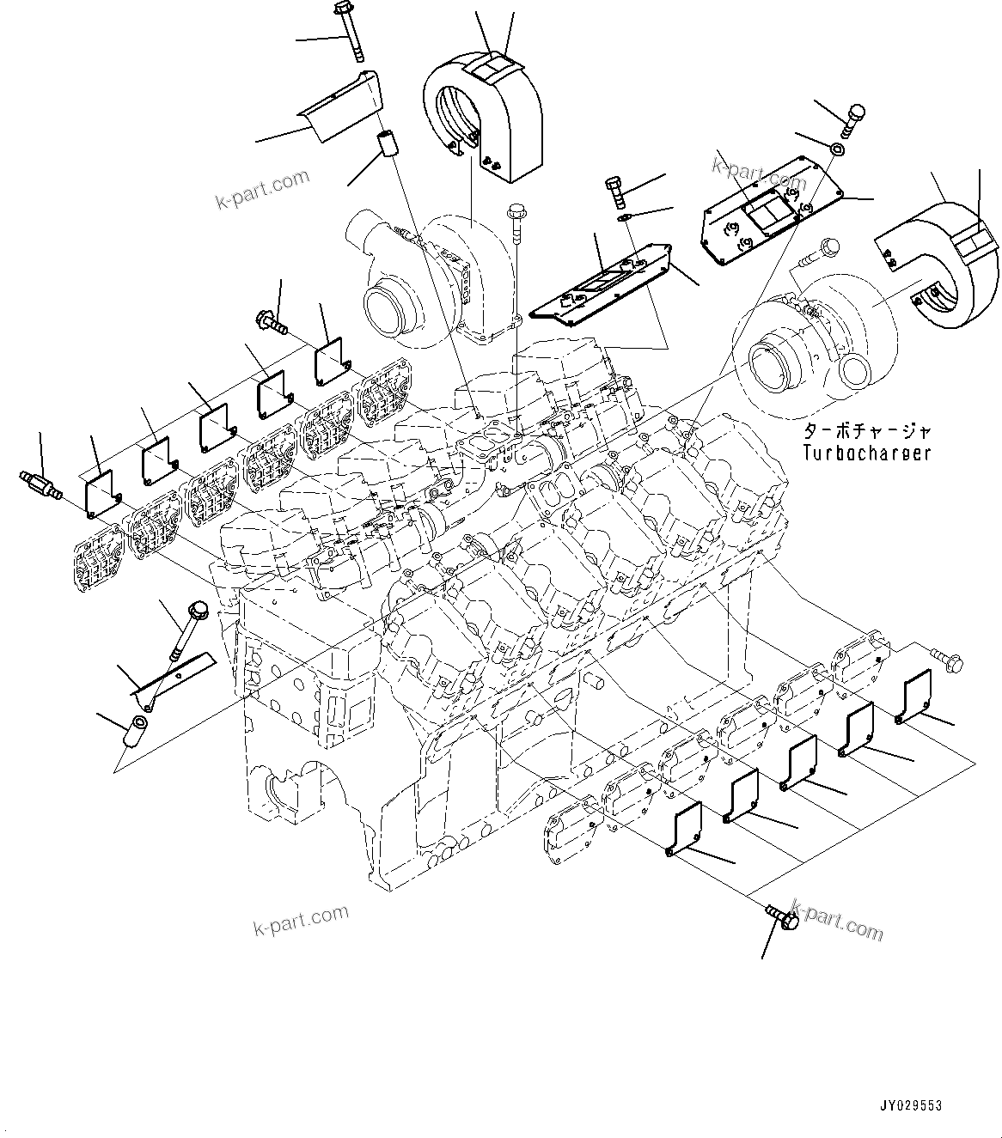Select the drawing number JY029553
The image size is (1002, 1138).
pos(910,1105)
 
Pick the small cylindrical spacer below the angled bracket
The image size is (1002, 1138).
pos(387,143)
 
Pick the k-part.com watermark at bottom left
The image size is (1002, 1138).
pos(301,922)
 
